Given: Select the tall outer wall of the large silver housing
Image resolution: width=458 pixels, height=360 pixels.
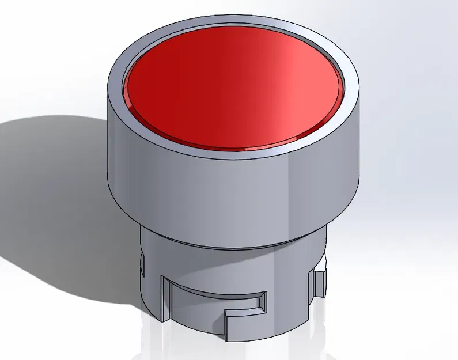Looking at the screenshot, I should tap(230, 190).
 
